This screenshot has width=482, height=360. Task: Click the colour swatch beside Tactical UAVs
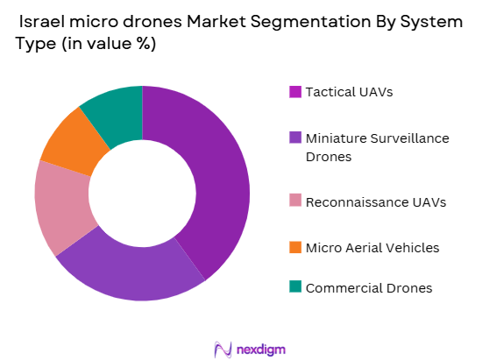(295, 92)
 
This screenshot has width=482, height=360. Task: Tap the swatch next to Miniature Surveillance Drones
(295, 138)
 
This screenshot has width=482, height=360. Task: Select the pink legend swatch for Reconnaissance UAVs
(295, 202)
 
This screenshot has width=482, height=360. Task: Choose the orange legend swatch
(295, 248)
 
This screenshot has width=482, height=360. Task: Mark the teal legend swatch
(295, 287)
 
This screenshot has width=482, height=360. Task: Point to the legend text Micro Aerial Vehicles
(372, 248)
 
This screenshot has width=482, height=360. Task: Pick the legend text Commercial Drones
(368, 287)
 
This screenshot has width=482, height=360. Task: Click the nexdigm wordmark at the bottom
(259, 349)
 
